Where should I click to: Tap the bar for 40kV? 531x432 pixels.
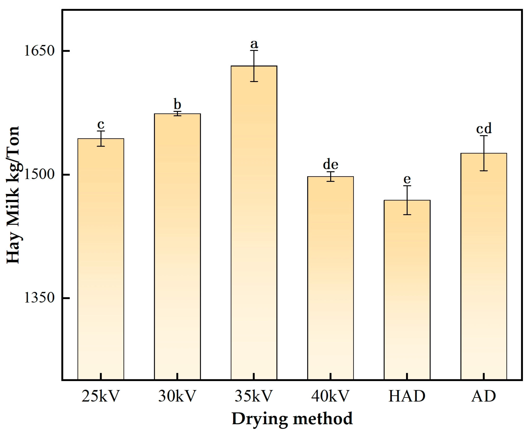[x=330, y=278]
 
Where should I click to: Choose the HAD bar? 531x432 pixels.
[x=407, y=289]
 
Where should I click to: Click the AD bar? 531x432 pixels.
[x=484, y=266]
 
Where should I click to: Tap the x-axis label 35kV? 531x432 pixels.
[x=254, y=396]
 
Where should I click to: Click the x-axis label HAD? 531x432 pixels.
[x=407, y=396]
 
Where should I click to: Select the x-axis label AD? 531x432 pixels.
[x=484, y=396]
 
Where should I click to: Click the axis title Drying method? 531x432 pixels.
[x=292, y=419]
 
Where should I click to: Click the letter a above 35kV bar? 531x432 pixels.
[x=254, y=44]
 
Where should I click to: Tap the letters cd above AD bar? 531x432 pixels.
[x=484, y=129]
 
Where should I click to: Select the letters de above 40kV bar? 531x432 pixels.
[x=330, y=164]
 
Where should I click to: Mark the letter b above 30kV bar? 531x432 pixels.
[x=177, y=104]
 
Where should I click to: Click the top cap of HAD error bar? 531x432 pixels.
[x=407, y=186]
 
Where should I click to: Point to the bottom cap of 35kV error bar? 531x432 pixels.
[x=254, y=82]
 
